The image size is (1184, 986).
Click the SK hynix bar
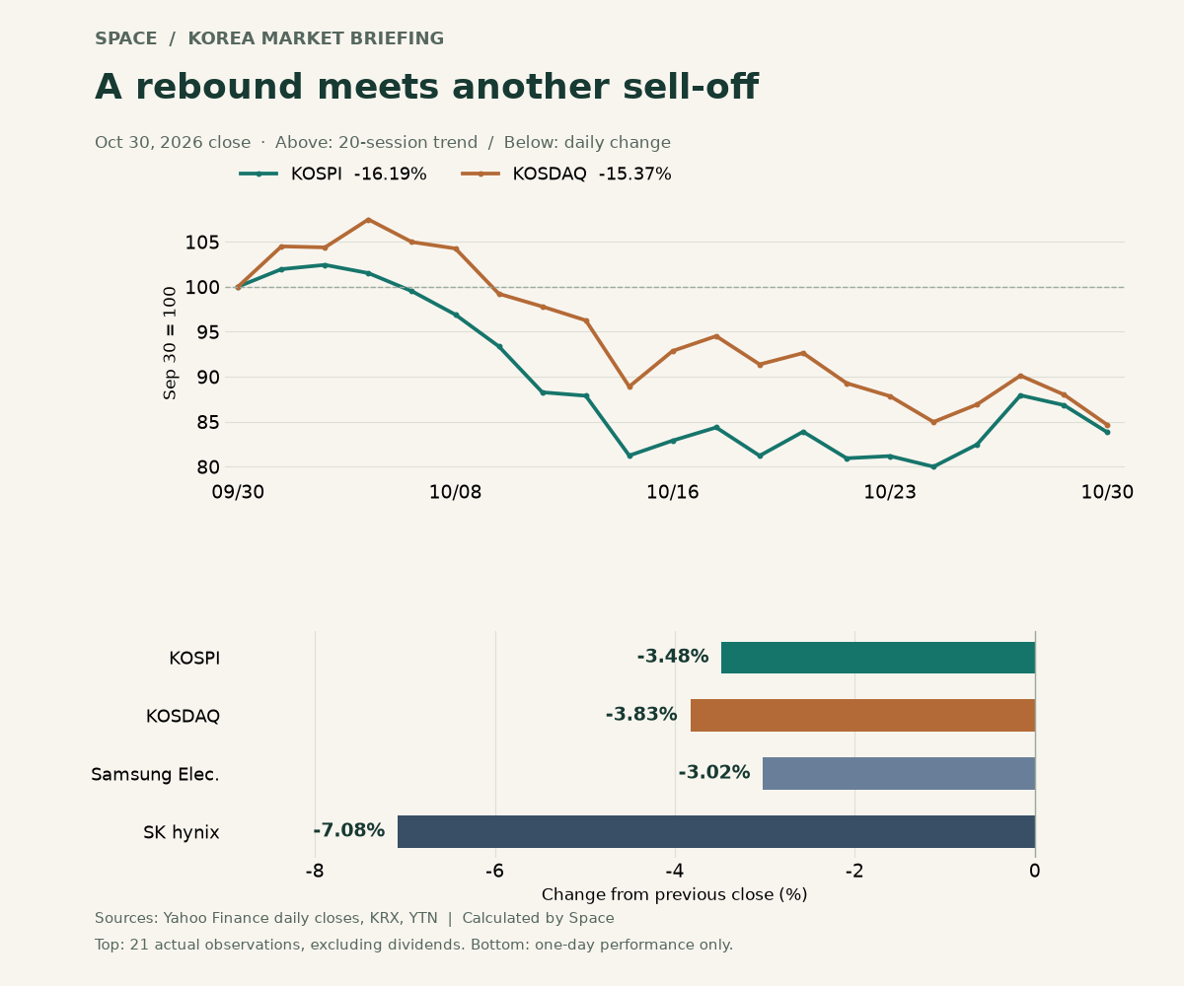716,831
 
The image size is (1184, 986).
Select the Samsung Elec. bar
899,773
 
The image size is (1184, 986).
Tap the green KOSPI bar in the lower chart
878,658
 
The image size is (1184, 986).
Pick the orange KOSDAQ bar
863,715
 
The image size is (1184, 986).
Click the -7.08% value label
348,830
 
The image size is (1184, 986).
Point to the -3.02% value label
714,772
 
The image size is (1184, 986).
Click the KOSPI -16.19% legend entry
333,174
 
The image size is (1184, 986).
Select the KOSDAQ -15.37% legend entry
566,174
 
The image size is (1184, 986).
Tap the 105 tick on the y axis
202,243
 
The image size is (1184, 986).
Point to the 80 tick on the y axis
207,467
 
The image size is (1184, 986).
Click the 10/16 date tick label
673,492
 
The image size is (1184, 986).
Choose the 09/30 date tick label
238,492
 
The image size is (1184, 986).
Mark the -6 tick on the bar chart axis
494,871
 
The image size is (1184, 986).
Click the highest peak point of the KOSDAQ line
369,220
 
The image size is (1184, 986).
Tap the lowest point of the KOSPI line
933,467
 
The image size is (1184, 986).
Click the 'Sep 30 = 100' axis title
170,343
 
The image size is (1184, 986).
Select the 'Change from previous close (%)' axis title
674,894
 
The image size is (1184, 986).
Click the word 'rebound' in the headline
219,88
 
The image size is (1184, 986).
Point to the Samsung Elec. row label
155,774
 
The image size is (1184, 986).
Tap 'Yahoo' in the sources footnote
181,918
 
